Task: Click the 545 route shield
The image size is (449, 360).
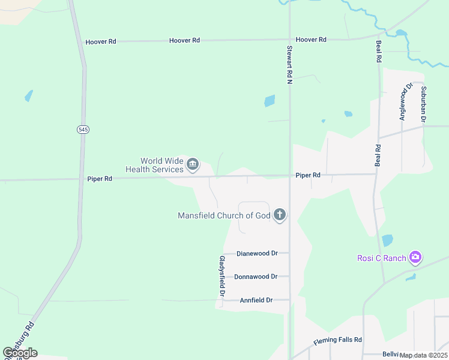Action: click(83, 130)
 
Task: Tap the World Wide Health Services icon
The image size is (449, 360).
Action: click(193, 164)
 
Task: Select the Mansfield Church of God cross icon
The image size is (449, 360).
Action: click(279, 215)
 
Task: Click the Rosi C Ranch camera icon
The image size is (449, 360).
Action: click(415, 258)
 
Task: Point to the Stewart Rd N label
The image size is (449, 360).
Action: click(289, 65)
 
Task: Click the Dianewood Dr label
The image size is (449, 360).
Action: click(257, 253)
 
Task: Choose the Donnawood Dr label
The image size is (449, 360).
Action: click(256, 277)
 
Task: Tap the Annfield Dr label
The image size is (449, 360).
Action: click(256, 300)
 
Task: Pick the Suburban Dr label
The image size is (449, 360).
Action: click(423, 104)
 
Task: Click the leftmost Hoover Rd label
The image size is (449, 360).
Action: click(100, 42)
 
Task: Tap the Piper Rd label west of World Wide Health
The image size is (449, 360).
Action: click(100, 179)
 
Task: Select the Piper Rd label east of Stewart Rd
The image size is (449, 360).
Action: click(308, 175)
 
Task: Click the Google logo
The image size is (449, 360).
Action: click(20, 353)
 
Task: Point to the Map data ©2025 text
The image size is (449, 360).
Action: click(424, 355)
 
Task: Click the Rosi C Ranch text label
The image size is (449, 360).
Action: click(382, 258)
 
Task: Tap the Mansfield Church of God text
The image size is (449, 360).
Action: click(224, 215)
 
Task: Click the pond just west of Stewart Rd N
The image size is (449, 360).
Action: click(270, 101)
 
